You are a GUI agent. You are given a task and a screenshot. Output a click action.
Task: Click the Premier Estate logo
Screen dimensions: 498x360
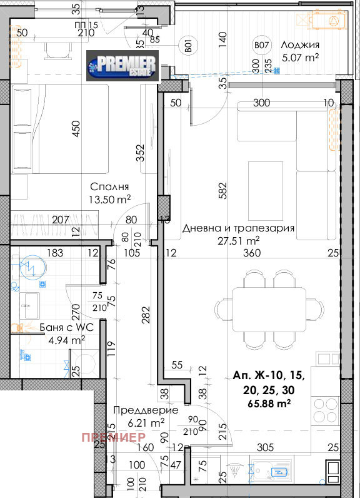click(x=122, y=66)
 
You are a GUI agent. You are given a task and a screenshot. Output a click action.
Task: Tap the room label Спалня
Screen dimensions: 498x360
click(x=109, y=187)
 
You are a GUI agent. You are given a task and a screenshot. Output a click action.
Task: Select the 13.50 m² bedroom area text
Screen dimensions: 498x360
click(x=109, y=199)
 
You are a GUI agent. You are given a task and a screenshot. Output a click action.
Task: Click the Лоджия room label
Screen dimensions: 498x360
click(x=300, y=45)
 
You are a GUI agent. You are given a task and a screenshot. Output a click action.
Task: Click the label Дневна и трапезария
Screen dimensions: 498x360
click(x=238, y=228)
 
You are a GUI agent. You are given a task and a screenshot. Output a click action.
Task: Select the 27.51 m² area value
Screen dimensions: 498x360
click(x=238, y=240)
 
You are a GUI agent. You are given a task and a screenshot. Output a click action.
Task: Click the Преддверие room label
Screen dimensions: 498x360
click(x=146, y=410)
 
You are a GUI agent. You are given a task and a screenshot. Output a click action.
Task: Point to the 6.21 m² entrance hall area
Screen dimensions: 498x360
click(x=146, y=422)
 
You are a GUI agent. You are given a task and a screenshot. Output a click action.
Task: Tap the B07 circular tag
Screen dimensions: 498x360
click(x=261, y=45)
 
